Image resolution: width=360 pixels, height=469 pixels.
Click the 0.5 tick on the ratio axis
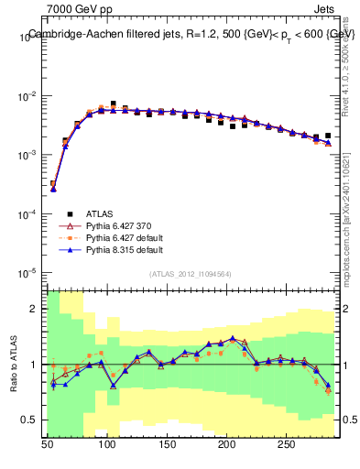click(x=33, y=420)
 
